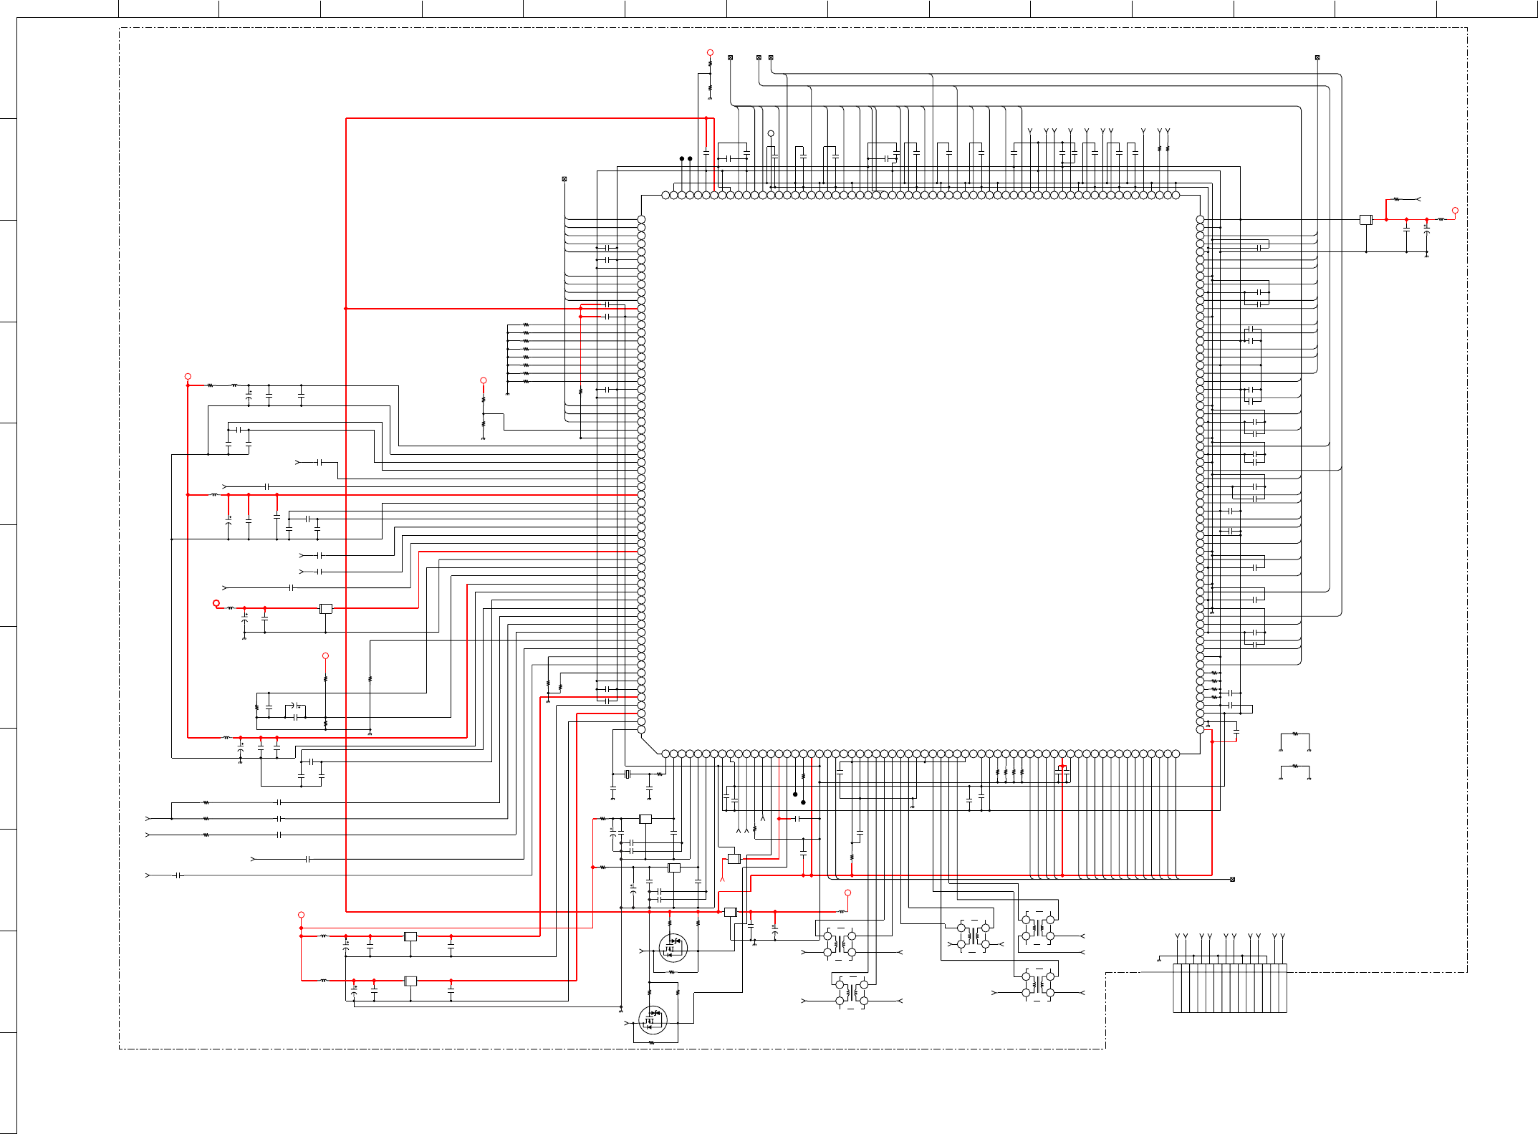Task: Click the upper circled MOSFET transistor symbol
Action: click(x=673, y=948)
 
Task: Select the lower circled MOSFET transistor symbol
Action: click(x=653, y=1019)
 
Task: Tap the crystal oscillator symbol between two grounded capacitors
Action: click(x=628, y=774)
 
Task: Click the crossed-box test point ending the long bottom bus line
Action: click(x=1232, y=879)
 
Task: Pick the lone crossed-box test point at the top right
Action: click(x=1317, y=57)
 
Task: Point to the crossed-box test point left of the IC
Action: click(x=564, y=178)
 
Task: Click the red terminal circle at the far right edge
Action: click(x=1455, y=211)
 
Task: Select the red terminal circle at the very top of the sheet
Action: click(x=710, y=52)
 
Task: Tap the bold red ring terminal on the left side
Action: click(x=216, y=603)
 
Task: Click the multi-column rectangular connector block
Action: click(x=1229, y=988)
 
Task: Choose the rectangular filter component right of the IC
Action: click(x=1365, y=219)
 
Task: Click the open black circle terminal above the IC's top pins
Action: click(x=771, y=133)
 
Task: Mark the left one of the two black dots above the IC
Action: click(x=682, y=158)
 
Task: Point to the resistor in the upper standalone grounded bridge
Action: click(x=1294, y=734)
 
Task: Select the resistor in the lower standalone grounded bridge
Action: click(x=1294, y=766)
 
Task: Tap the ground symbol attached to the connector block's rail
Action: click(x=1159, y=960)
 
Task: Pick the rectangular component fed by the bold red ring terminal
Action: click(x=325, y=608)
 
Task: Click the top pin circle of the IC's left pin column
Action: click(x=641, y=219)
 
